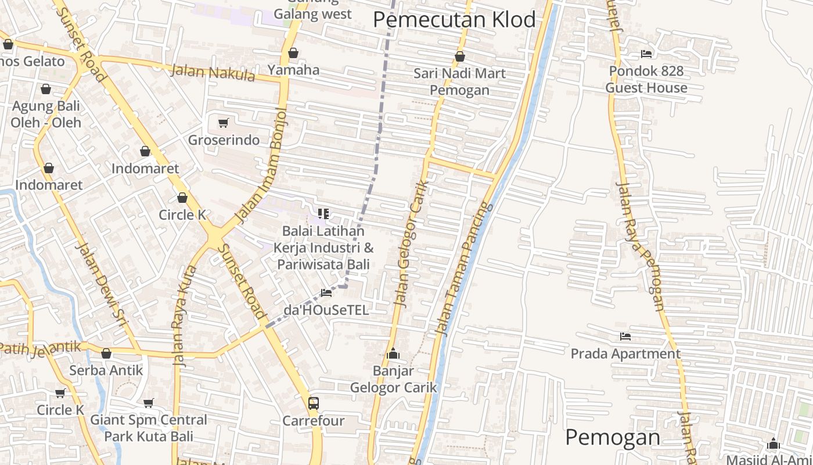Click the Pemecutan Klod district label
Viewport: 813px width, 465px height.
[x=454, y=20]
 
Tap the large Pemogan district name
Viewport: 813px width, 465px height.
[x=612, y=437]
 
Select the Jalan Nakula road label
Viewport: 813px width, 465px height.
[x=213, y=73]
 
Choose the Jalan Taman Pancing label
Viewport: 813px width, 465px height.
[x=463, y=269]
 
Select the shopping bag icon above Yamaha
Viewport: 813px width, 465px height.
[x=293, y=53]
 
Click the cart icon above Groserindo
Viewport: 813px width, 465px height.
[x=223, y=123]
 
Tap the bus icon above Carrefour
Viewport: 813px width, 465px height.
[x=313, y=403]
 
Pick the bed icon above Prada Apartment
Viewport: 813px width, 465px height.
[x=625, y=337]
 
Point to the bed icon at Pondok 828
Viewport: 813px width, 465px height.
[x=646, y=54]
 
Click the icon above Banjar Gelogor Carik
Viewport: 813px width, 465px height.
[x=393, y=353]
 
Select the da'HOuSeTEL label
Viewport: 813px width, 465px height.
[x=326, y=310]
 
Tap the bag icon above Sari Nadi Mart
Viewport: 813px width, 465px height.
[x=459, y=56]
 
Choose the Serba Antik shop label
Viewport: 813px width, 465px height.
[x=106, y=370]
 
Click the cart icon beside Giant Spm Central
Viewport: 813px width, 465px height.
[x=149, y=403]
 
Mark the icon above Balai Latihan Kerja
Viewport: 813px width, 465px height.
[x=323, y=214]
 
